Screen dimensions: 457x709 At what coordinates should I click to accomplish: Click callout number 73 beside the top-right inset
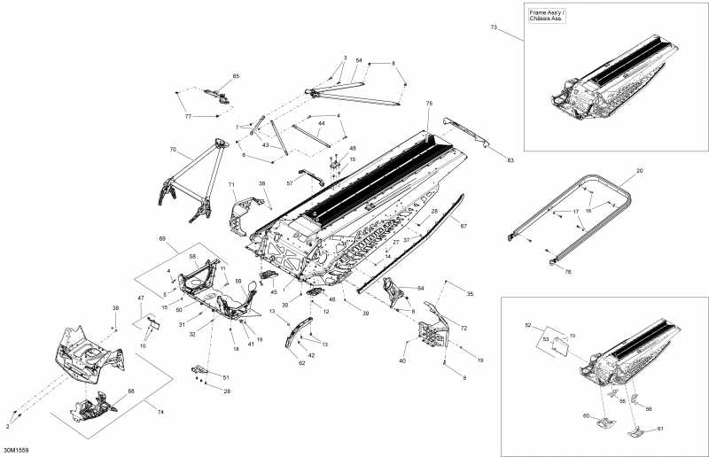(x=495, y=29)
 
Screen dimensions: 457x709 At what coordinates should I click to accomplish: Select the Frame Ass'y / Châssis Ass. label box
(x=547, y=16)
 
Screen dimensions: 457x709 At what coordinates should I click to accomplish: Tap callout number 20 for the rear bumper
(x=640, y=170)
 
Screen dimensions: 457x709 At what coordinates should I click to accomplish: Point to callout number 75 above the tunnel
(x=429, y=104)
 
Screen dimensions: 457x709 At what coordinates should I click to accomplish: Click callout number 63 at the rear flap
(x=510, y=159)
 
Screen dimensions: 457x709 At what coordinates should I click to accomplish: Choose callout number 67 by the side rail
(x=463, y=227)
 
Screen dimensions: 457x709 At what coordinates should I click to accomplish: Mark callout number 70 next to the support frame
(x=173, y=150)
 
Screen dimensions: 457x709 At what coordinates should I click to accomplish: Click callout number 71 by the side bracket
(x=231, y=185)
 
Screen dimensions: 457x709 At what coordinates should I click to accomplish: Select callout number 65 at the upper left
(x=236, y=77)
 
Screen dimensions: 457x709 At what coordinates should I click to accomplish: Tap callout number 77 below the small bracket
(x=188, y=117)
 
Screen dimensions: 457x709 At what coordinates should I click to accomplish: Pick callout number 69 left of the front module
(x=162, y=239)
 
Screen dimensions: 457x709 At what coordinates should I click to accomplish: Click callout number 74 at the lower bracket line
(x=160, y=413)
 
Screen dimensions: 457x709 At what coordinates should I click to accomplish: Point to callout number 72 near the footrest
(x=463, y=329)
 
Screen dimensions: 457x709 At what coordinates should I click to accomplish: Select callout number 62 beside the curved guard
(x=301, y=363)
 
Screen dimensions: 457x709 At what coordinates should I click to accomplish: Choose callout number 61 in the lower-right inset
(x=659, y=429)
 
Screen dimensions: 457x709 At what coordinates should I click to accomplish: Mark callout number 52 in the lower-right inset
(x=529, y=326)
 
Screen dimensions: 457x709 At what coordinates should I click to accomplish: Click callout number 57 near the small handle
(x=290, y=182)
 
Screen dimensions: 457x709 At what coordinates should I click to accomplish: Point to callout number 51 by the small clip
(x=225, y=377)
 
